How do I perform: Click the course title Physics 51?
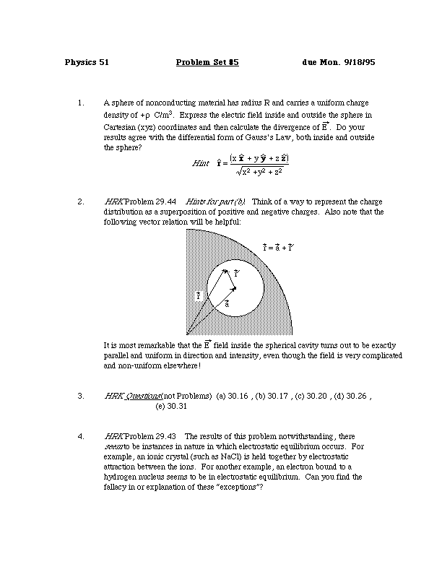coord(86,63)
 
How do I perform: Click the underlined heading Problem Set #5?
coord(207,63)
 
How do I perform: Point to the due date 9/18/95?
coord(359,63)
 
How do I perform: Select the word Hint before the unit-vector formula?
coord(200,164)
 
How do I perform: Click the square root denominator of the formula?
coord(259,171)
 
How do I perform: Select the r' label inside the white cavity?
coord(236,274)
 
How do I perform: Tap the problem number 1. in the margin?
coord(81,103)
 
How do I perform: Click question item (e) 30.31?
coord(171,407)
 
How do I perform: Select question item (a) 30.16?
coord(232,396)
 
